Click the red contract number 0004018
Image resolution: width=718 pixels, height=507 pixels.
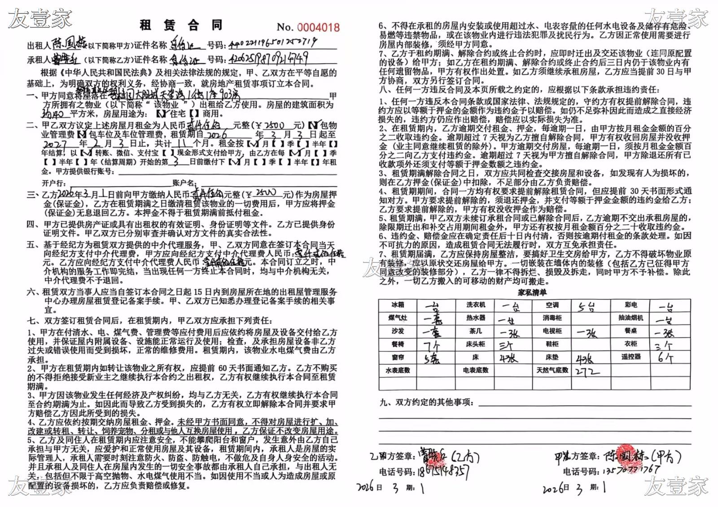point(319,27)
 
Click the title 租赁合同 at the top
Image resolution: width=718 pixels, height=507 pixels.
point(181,25)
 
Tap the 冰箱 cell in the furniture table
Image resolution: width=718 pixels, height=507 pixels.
point(397,305)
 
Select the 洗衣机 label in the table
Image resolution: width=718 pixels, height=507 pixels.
point(476,305)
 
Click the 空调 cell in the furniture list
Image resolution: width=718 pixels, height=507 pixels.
point(552,305)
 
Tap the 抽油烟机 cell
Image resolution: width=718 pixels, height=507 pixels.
point(630,318)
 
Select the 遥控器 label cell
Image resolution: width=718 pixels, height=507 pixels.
point(630,357)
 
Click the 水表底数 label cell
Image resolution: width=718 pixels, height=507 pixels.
point(397,371)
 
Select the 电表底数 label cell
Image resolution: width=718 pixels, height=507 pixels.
point(476,371)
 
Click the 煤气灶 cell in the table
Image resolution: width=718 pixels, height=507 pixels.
point(397,318)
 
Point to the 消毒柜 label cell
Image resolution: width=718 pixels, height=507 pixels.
point(552,318)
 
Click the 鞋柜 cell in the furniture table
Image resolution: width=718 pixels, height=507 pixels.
point(552,344)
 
